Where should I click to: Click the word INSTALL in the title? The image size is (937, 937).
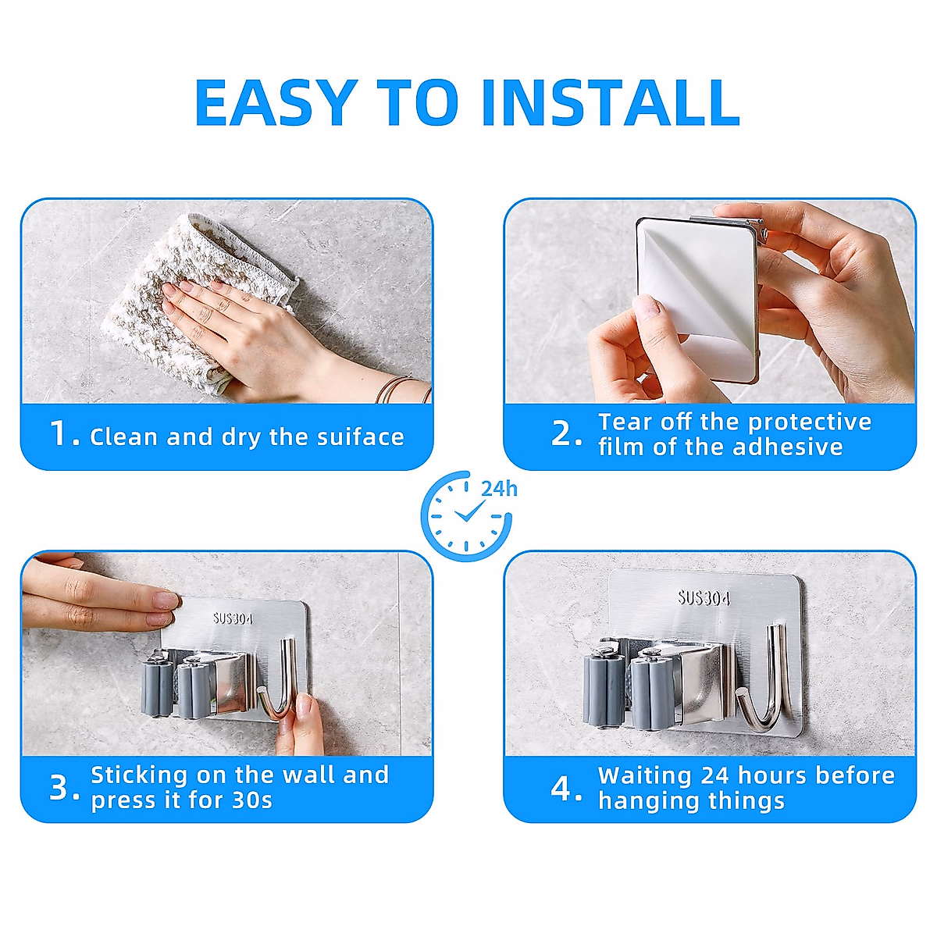click(611, 102)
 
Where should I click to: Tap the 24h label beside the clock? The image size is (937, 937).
click(499, 489)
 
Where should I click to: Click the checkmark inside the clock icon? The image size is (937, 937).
click(469, 511)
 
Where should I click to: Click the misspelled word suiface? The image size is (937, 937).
click(360, 436)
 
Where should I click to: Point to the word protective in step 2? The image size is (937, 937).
click(810, 422)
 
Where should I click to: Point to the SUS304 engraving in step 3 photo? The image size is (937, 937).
click(233, 618)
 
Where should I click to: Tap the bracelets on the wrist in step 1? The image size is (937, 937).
click(401, 389)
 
